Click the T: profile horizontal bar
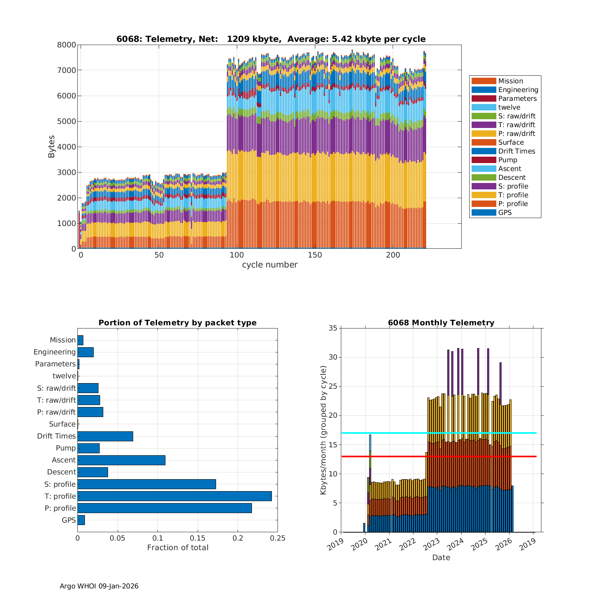point(175,496)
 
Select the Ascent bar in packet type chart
point(121,460)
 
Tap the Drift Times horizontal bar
point(105,436)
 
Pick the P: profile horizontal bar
point(165,508)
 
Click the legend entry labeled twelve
point(509,107)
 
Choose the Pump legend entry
point(508,160)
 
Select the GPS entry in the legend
point(505,212)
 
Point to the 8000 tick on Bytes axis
point(67,45)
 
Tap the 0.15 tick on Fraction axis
point(198,538)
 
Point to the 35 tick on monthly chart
point(332,328)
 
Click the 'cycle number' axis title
point(269,265)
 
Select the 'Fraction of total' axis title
point(177,548)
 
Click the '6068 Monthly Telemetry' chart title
point(441,323)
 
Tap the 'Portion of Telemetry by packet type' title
point(177,323)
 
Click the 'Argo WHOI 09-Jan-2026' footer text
point(99,586)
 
